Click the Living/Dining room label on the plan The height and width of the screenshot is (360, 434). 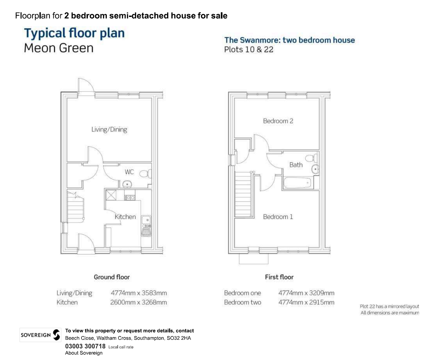pos(109,129)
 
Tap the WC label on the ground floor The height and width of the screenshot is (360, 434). pos(129,172)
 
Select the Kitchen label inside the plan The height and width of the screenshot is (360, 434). pos(125,217)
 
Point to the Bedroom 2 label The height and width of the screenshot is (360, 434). pos(278,121)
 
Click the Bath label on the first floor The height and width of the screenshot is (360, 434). pos(296,165)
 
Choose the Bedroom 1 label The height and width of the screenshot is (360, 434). pos(278,217)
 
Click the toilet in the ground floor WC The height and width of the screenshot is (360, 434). pos(145,174)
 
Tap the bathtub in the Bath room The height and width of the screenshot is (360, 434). pos(297,183)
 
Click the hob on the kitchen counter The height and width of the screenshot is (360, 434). pos(130,197)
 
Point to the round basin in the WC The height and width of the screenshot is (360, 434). pos(127,184)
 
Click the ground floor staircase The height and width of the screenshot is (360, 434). pos(76,207)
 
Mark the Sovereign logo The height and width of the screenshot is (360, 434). pos(40,335)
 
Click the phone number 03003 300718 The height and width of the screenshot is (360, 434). pos(85,346)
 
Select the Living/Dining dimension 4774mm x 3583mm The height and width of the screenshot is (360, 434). pos(139,293)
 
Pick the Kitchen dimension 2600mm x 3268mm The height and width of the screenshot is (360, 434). pos(139,302)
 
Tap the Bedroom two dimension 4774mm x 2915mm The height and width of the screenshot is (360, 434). pos(306,302)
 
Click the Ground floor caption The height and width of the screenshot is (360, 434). pos(112,277)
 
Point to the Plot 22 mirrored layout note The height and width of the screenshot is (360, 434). pos(390,306)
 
